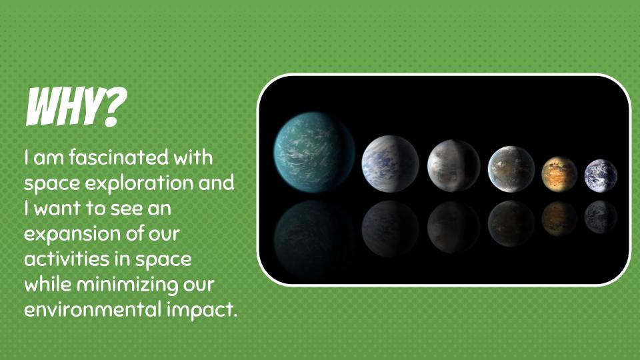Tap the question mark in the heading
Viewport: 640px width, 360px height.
[x=115, y=107]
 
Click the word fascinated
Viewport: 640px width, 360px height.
[x=119, y=157]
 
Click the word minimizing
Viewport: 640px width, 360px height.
[x=127, y=285]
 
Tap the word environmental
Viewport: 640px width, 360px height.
[x=93, y=310]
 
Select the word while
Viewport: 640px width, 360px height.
[x=48, y=284]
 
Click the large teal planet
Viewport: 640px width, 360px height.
[x=314, y=152]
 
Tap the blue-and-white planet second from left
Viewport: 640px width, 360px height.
[x=390, y=164]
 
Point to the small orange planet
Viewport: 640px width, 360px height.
[x=559, y=174]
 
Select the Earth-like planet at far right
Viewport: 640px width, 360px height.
[x=601, y=176]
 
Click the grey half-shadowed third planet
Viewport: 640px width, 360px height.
[x=453, y=166]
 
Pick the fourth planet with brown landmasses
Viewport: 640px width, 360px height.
[x=511, y=169]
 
